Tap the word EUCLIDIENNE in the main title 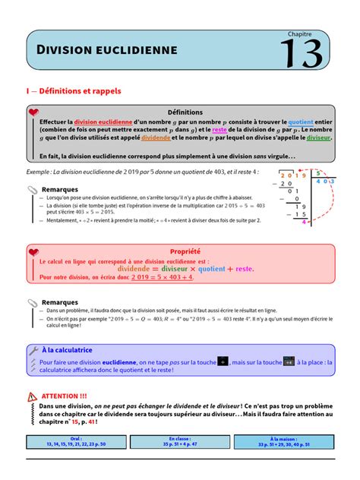pyautogui.click(x=136, y=50)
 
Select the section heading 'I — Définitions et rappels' pyautogui.click(x=74, y=90)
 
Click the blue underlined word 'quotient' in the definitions pyautogui.click(x=302, y=122)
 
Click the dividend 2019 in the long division pyautogui.click(x=291, y=175)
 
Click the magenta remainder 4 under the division pyautogui.click(x=304, y=223)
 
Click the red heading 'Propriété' pyautogui.click(x=185, y=251)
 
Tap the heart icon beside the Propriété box pyautogui.click(x=33, y=251)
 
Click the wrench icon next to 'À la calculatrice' pyautogui.click(x=33, y=350)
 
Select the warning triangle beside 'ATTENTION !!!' pyautogui.click(x=31, y=396)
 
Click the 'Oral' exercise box pyautogui.click(x=75, y=441)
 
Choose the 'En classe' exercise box pyautogui.click(x=180, y=441)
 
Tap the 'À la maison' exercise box pyautogui.click(x=283, y=441)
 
